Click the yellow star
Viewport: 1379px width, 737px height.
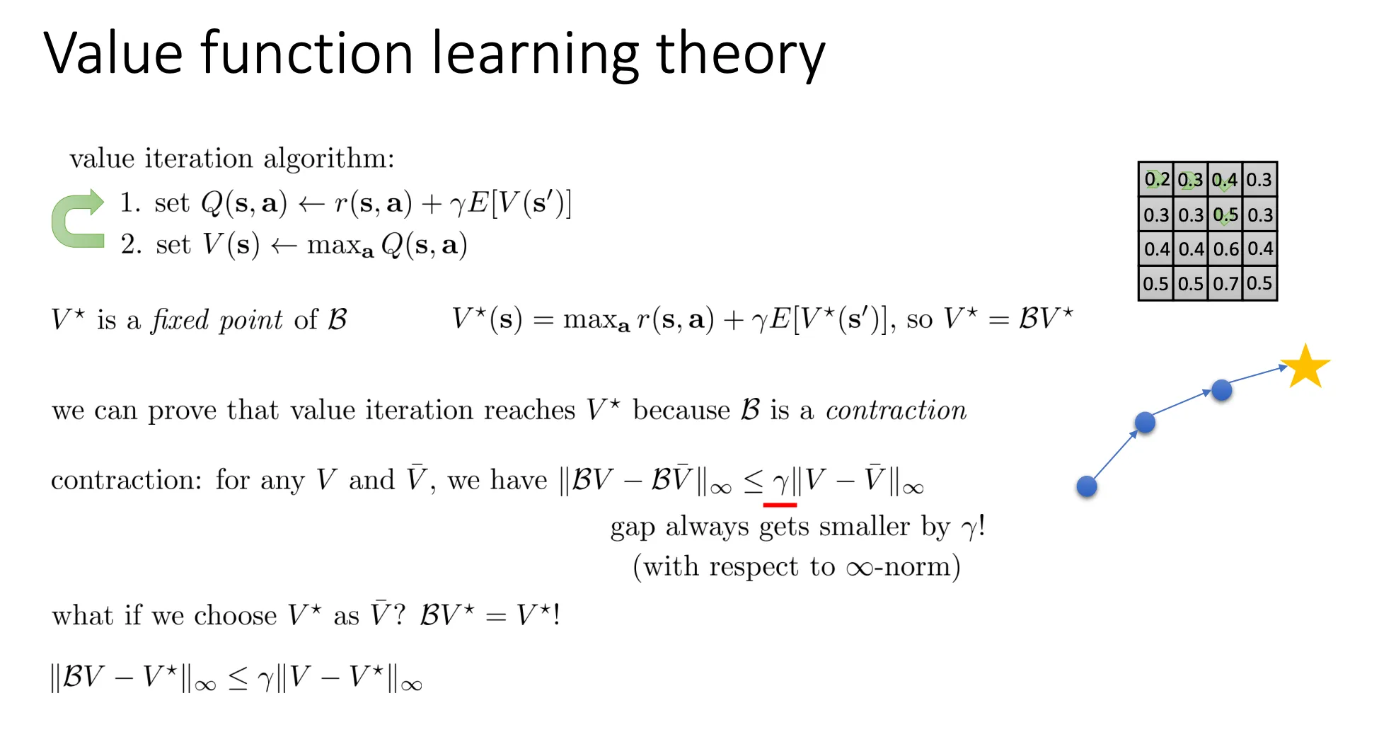1305,367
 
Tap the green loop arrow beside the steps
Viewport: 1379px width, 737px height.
76,219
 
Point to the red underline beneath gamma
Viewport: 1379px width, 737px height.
780,505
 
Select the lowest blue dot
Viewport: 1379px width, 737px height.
1087,486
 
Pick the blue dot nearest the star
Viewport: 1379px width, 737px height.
1221,390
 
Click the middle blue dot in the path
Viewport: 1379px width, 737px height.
1145,423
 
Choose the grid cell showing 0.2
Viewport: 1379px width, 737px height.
1156,180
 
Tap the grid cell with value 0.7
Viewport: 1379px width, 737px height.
1225,284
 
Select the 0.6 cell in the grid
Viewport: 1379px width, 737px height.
1225,249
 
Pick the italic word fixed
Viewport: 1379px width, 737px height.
180,320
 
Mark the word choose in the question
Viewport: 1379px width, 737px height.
235,616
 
